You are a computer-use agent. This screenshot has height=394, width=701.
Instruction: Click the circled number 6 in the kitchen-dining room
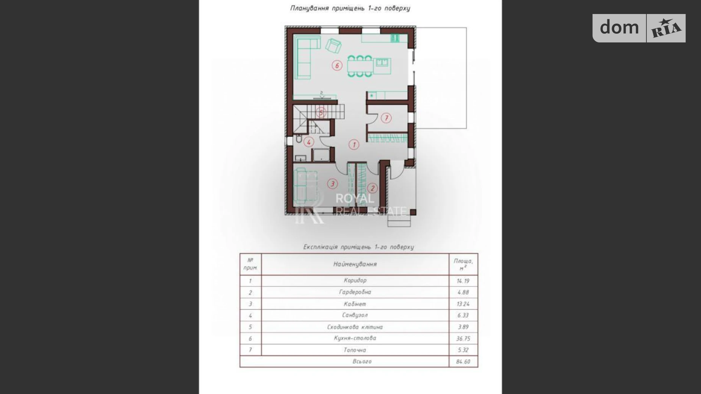(337, 66)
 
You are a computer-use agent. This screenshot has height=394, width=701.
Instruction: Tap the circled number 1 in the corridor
(354, 144)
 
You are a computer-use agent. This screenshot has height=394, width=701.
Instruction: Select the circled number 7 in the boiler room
(386, 118)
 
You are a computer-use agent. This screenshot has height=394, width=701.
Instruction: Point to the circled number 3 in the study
(332, 184)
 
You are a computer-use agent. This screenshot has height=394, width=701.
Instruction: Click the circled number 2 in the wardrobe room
(372, 188)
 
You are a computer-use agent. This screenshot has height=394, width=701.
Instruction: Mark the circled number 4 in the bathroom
(309, 142)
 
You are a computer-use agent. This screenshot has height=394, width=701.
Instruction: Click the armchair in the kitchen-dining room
(333, 45)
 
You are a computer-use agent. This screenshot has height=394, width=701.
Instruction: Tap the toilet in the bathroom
(299, 140)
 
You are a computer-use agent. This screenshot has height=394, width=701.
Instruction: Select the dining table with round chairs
(360, 66)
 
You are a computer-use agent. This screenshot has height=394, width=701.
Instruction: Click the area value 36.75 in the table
(463, 338)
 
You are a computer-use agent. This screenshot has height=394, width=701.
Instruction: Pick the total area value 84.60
(463, 361)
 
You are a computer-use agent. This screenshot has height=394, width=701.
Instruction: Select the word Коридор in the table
(355, 280)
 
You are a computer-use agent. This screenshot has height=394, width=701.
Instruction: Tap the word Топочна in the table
(355, 350)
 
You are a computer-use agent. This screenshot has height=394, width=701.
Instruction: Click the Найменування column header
(355, 264)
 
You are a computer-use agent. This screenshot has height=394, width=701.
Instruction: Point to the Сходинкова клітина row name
(355, 327)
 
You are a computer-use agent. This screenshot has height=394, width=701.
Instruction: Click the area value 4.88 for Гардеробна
(463, 292)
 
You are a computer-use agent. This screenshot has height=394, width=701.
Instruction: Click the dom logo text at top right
(619, 27)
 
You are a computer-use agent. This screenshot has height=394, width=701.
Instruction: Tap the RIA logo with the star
(666, 28)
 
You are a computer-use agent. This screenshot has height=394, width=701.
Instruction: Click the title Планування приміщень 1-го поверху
(350, 8)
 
